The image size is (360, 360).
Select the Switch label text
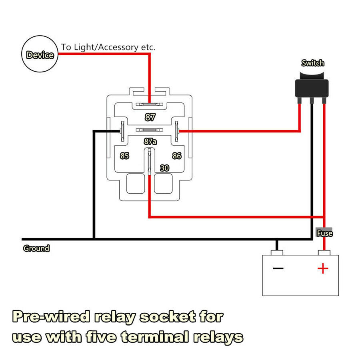pos(313,63)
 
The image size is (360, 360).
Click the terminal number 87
pos(150,117)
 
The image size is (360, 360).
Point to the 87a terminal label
pos(150,141)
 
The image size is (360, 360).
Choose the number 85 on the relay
pos(125,156)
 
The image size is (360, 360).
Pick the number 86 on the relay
pos(177,156)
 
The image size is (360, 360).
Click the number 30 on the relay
pos(165,168)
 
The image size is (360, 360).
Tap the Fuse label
pos(325,233)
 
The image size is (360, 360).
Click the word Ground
pos(36,248)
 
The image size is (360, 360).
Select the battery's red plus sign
pos(323,268)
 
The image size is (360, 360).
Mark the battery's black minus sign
pos(278,268)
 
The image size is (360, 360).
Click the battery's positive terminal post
pos(324,252)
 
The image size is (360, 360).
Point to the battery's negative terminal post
pos(277,252)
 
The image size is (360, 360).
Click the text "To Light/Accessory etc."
pos(108,47)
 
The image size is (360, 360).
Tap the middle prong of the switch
pos(312,100)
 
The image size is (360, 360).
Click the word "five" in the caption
pos(101,337)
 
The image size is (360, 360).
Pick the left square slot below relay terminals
pos(136,184)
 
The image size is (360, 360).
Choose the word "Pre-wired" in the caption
pos(51,317)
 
